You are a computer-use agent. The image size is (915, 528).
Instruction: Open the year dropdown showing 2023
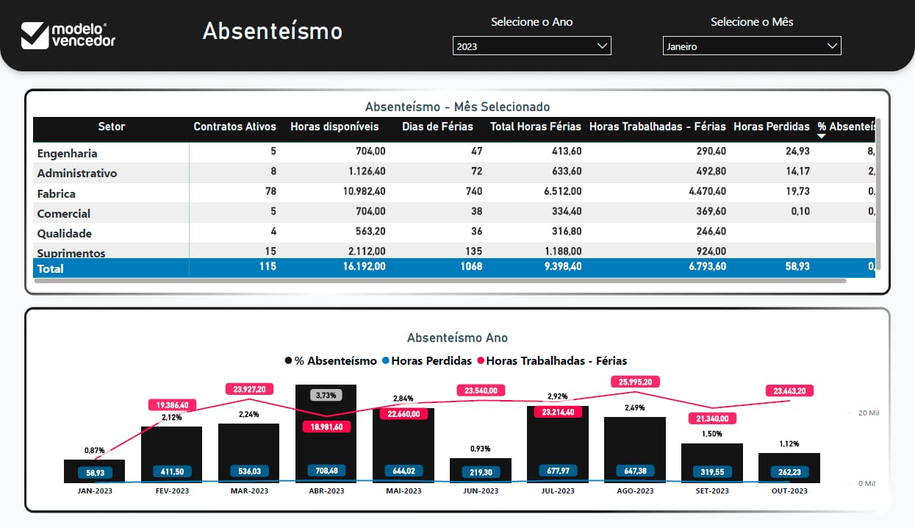[531, 46]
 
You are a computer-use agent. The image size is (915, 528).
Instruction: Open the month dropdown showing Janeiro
[751, 46]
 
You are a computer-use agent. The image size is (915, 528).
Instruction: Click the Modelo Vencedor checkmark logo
[35, 35]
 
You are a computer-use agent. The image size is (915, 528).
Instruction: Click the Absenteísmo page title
[272, 31]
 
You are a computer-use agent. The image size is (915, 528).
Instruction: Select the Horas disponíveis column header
[334, 126]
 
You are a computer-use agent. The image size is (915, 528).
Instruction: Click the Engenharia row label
[68, 154]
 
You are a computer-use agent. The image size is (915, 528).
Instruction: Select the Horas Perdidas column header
[771, 126]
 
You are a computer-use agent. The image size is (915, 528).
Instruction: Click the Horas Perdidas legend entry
[428, 361]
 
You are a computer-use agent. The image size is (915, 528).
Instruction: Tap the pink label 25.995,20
[636, 382]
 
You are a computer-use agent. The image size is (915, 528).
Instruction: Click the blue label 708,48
[326, 471]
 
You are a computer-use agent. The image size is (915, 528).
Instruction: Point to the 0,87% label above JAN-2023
[94, 450]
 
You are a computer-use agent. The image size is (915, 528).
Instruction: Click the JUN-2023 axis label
[480, 490]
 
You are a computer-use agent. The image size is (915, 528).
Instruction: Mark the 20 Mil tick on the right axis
[868, 413]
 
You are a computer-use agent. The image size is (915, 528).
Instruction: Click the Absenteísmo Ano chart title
[457, 338]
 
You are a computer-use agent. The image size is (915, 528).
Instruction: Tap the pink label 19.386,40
[172, 404]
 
